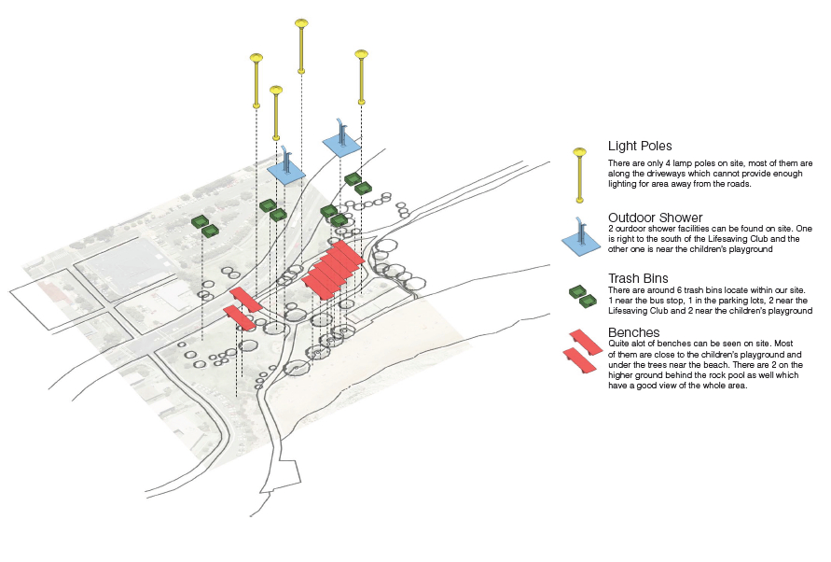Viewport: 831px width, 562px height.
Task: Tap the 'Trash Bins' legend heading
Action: pyautogui.click(x=638, y=278)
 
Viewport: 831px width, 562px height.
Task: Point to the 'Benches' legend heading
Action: pyautogui.click(x=634, y=332)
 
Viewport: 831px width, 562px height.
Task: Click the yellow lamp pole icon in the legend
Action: pyautogui.click(x=579, y=173)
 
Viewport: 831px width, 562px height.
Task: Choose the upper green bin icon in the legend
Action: pyautogui.click(x=578, y=290)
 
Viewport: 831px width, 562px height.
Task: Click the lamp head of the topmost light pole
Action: pyautogui.click(x=301, y=23)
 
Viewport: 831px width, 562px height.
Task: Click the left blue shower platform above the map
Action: pyautogui.click(x=287, y=170)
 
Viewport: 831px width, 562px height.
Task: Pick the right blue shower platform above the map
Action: pyautogui.click(x=341, y=142)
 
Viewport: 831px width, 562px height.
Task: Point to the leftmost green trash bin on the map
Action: pyautogui.click(x=199, y=221)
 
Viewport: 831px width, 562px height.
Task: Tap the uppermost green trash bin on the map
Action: pyautogui.click(x=353, y=178)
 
